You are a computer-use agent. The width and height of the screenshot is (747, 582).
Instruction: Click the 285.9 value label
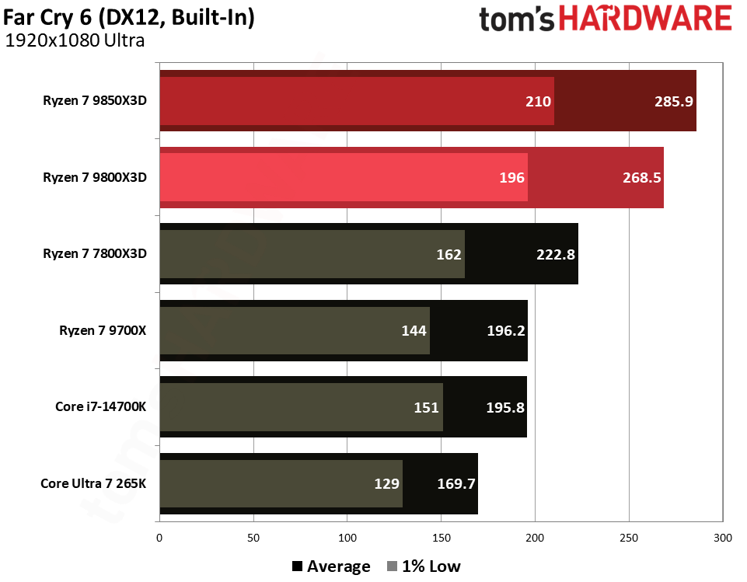click(x=673, y=101)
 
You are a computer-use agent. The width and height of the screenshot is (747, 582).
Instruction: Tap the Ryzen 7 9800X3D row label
click(x=95, y=177)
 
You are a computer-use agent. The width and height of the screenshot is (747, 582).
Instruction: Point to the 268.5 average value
click(x=641, y=177)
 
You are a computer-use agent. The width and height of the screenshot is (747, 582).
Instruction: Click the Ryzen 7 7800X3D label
click(x=95, y=253)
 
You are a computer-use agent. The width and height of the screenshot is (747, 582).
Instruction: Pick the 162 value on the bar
click(x=449, y=254)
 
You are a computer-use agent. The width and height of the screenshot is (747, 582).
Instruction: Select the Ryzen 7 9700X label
click(x=103, y=330)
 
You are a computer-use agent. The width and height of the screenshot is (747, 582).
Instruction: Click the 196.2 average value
click(x=505, y=330)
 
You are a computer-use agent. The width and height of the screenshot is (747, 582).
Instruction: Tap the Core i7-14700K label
click(x=100, y=406)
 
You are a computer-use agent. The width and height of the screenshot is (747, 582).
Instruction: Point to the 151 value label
click(x=427, y=406)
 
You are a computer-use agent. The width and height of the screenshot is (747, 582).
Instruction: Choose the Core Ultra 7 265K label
click(x=93, y=483)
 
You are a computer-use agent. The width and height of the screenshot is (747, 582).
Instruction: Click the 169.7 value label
click(x=455, y=483)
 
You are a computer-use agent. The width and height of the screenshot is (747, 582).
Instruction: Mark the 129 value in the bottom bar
click(x=386, y=483)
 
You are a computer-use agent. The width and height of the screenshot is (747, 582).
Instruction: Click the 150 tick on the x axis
click(x=442, y=538)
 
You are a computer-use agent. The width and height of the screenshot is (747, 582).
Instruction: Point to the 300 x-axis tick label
click(x=723, y=538)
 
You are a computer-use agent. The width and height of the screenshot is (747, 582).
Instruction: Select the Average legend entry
click(x=331, y=566)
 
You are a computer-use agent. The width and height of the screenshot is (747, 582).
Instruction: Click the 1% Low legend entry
click(x=424, y=566)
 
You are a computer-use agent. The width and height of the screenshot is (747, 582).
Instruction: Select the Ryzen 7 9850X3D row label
click(x=95, y=101)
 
